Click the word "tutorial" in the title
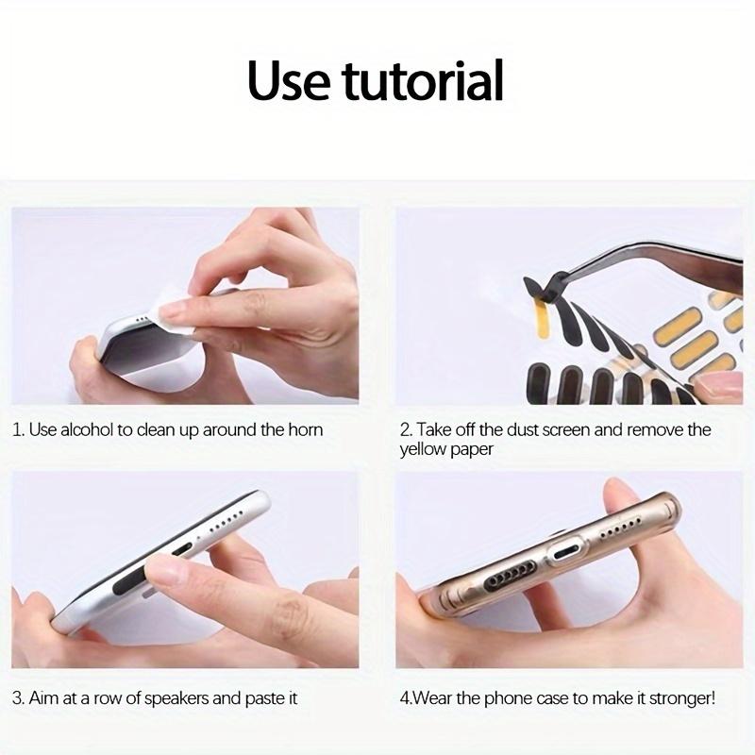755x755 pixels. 422,81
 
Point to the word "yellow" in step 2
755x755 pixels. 422,450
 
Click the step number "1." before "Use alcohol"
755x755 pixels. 18,430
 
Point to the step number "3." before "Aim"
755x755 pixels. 18,699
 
